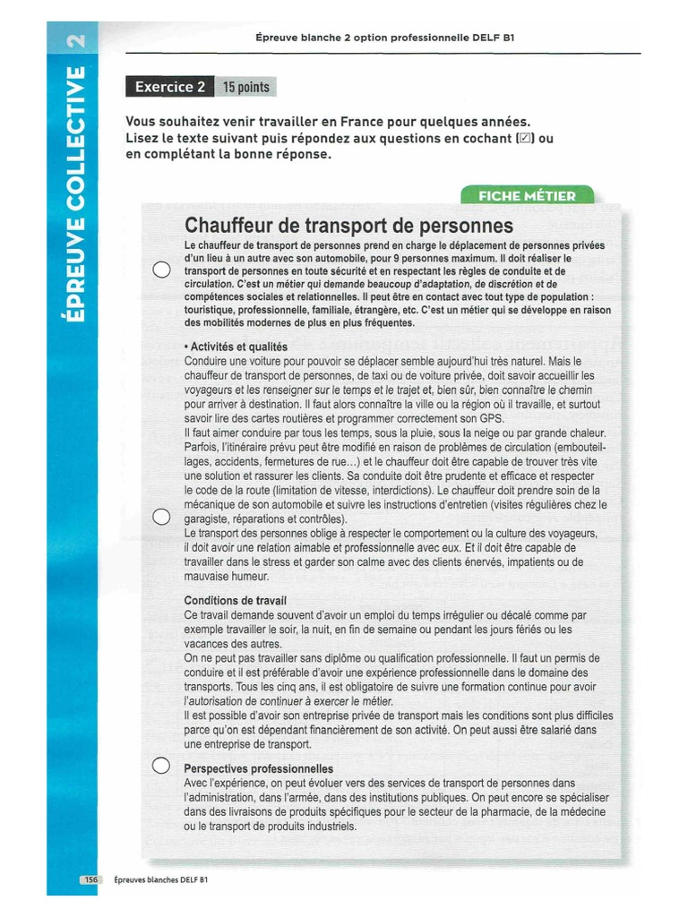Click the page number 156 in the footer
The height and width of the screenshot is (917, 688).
[90, 880]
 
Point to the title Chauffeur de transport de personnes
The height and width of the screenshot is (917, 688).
[348, 224]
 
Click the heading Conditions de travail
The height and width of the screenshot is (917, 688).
[236, 600]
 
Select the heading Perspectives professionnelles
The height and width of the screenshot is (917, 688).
[258, 768]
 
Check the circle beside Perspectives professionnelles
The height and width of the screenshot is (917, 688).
[160, 766]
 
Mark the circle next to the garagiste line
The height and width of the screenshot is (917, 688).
[160, 517]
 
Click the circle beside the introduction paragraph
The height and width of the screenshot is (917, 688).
[160, 270]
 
